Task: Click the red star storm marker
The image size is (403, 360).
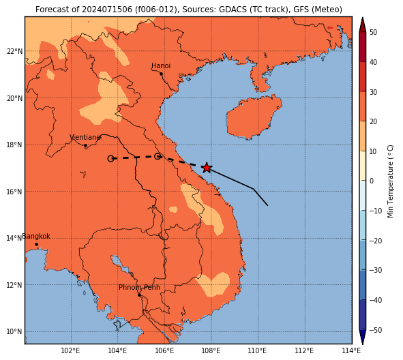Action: (x=207, y=168)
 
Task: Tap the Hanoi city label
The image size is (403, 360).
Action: (x=161, y=65)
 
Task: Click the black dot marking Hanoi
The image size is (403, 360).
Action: (x=161, y=74)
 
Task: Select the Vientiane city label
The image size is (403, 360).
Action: (x=85, y=137)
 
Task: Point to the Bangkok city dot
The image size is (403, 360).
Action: (x=37, y=244)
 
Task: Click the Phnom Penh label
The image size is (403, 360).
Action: (x=139, y=287)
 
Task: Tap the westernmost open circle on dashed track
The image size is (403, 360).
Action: (x=110, y=159)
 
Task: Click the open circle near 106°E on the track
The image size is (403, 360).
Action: (x=158, y=156)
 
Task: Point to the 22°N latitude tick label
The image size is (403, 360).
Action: (x=14, y=51)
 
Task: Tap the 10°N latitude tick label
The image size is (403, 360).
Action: (x=14, y=331)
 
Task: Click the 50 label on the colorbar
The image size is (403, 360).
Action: (x=373, y=32)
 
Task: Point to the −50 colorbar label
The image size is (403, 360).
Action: (x=376, y=330)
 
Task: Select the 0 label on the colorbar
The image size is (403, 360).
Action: (x=372, y=181)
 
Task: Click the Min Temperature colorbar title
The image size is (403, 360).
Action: (x=390, y=181)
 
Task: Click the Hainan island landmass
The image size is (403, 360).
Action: (x=254, y=117)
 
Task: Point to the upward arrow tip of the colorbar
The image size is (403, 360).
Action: (x=362, y=18)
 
